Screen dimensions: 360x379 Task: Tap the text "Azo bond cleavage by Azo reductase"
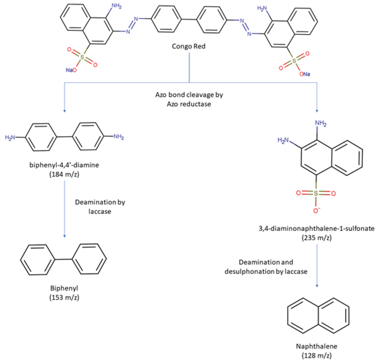point(189,99)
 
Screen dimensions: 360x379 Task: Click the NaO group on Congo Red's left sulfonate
point(71,70)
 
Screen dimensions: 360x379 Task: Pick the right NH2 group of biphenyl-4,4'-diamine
point(118,137)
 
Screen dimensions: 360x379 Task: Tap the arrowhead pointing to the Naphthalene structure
point(317,286)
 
